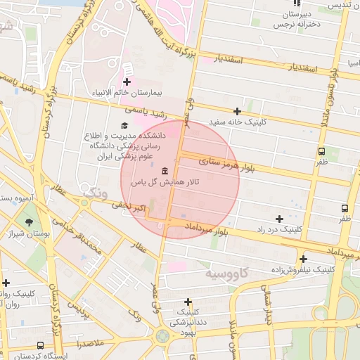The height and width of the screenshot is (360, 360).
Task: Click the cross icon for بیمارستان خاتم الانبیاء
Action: coord(127,83)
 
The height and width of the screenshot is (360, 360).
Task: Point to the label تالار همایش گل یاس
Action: coord(165,182)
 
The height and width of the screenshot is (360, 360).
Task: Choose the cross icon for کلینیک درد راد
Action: coord(279,219)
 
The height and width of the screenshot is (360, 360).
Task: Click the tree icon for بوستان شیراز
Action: coord(29,223)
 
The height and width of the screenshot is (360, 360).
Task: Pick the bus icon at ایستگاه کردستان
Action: coord(40,346)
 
